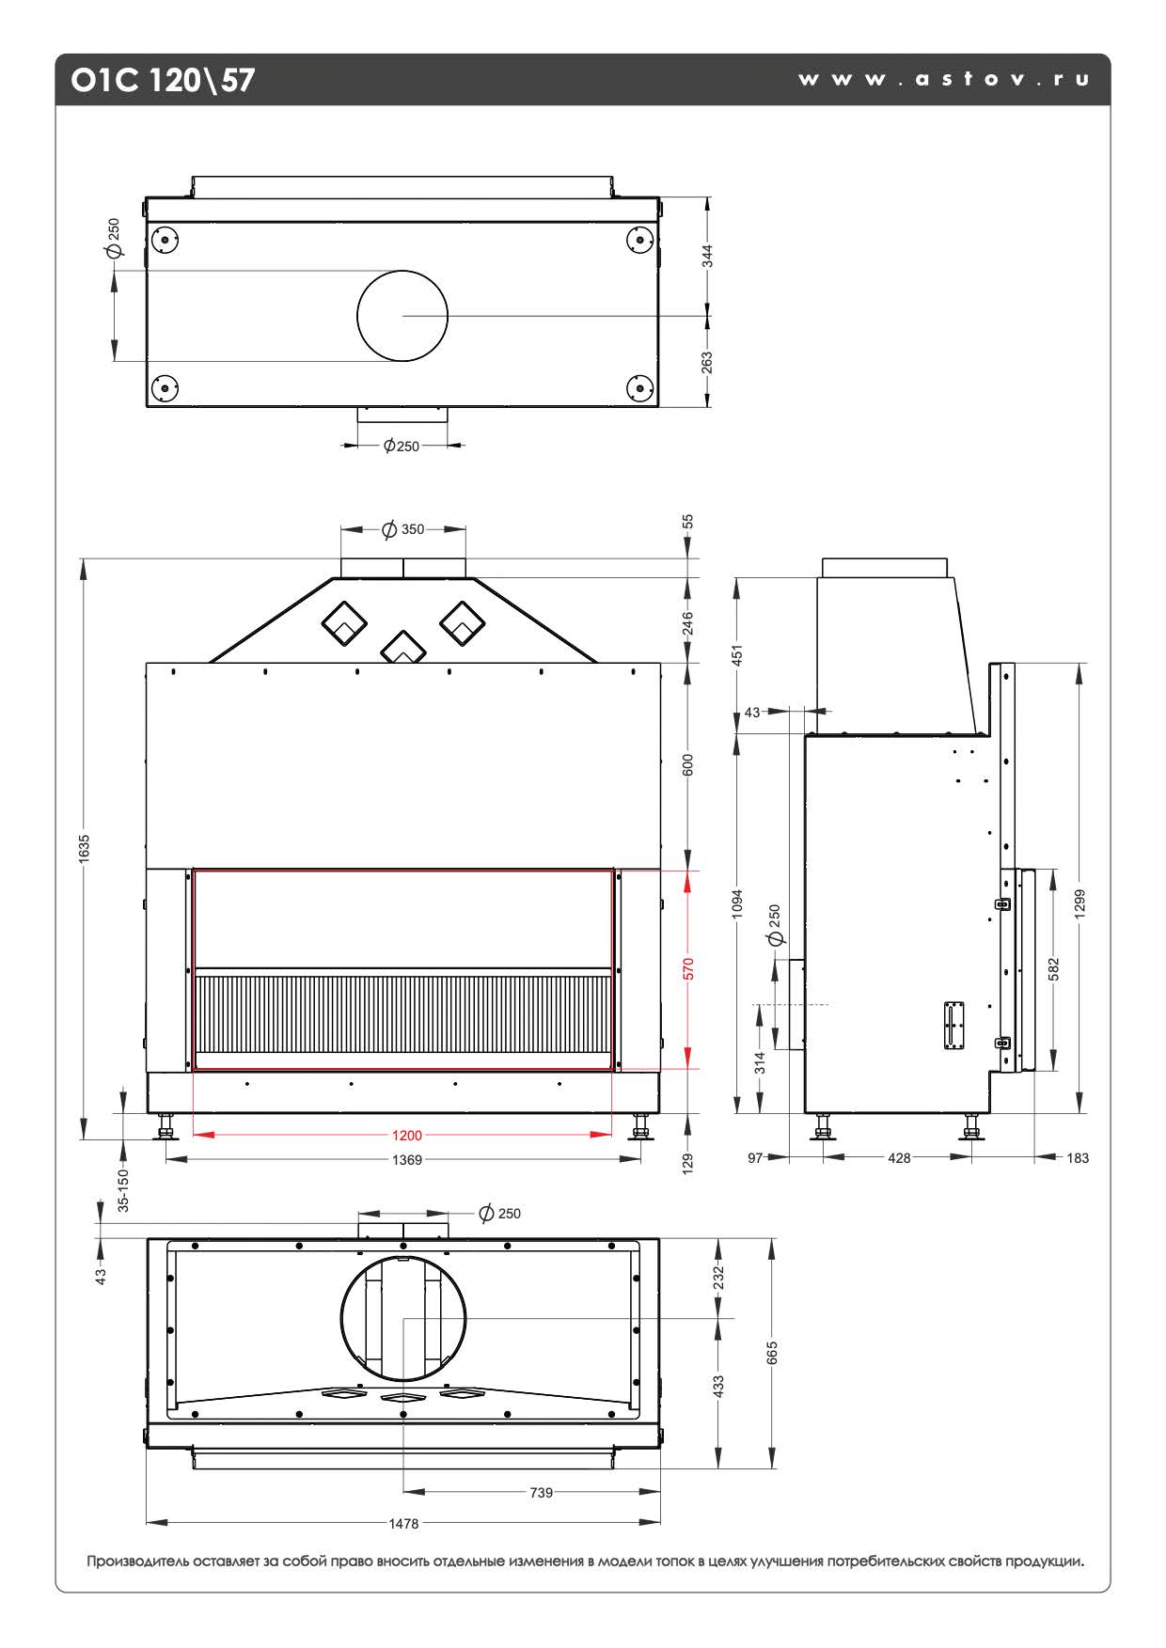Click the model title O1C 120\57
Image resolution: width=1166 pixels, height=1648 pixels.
[163, 80]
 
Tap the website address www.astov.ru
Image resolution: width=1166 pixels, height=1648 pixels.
[943, 80]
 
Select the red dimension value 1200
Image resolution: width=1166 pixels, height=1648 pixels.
[407, 1136]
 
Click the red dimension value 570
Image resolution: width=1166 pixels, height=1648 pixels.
[688, 969]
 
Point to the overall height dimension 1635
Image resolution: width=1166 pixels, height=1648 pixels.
[85, 848]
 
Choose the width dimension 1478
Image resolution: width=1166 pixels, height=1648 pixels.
[403, 1524]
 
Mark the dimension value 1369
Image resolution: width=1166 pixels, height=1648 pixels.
[407, 1160]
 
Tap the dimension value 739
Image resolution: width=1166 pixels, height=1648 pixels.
[542, 1492]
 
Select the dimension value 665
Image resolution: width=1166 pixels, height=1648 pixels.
[772, 1353]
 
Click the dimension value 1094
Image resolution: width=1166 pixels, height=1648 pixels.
[738, 903]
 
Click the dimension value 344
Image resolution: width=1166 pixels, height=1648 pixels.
[707, 257]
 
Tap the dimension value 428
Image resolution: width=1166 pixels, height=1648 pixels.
[899, 1158]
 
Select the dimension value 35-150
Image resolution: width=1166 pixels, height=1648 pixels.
[123, 1191]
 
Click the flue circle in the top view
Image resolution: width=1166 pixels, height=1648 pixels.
[402, 316]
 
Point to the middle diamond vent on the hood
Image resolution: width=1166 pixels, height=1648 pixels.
[402, 647]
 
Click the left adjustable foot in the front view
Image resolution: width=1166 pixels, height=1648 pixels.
[167, 1125]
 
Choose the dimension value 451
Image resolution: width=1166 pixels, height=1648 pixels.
[738, 654]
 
